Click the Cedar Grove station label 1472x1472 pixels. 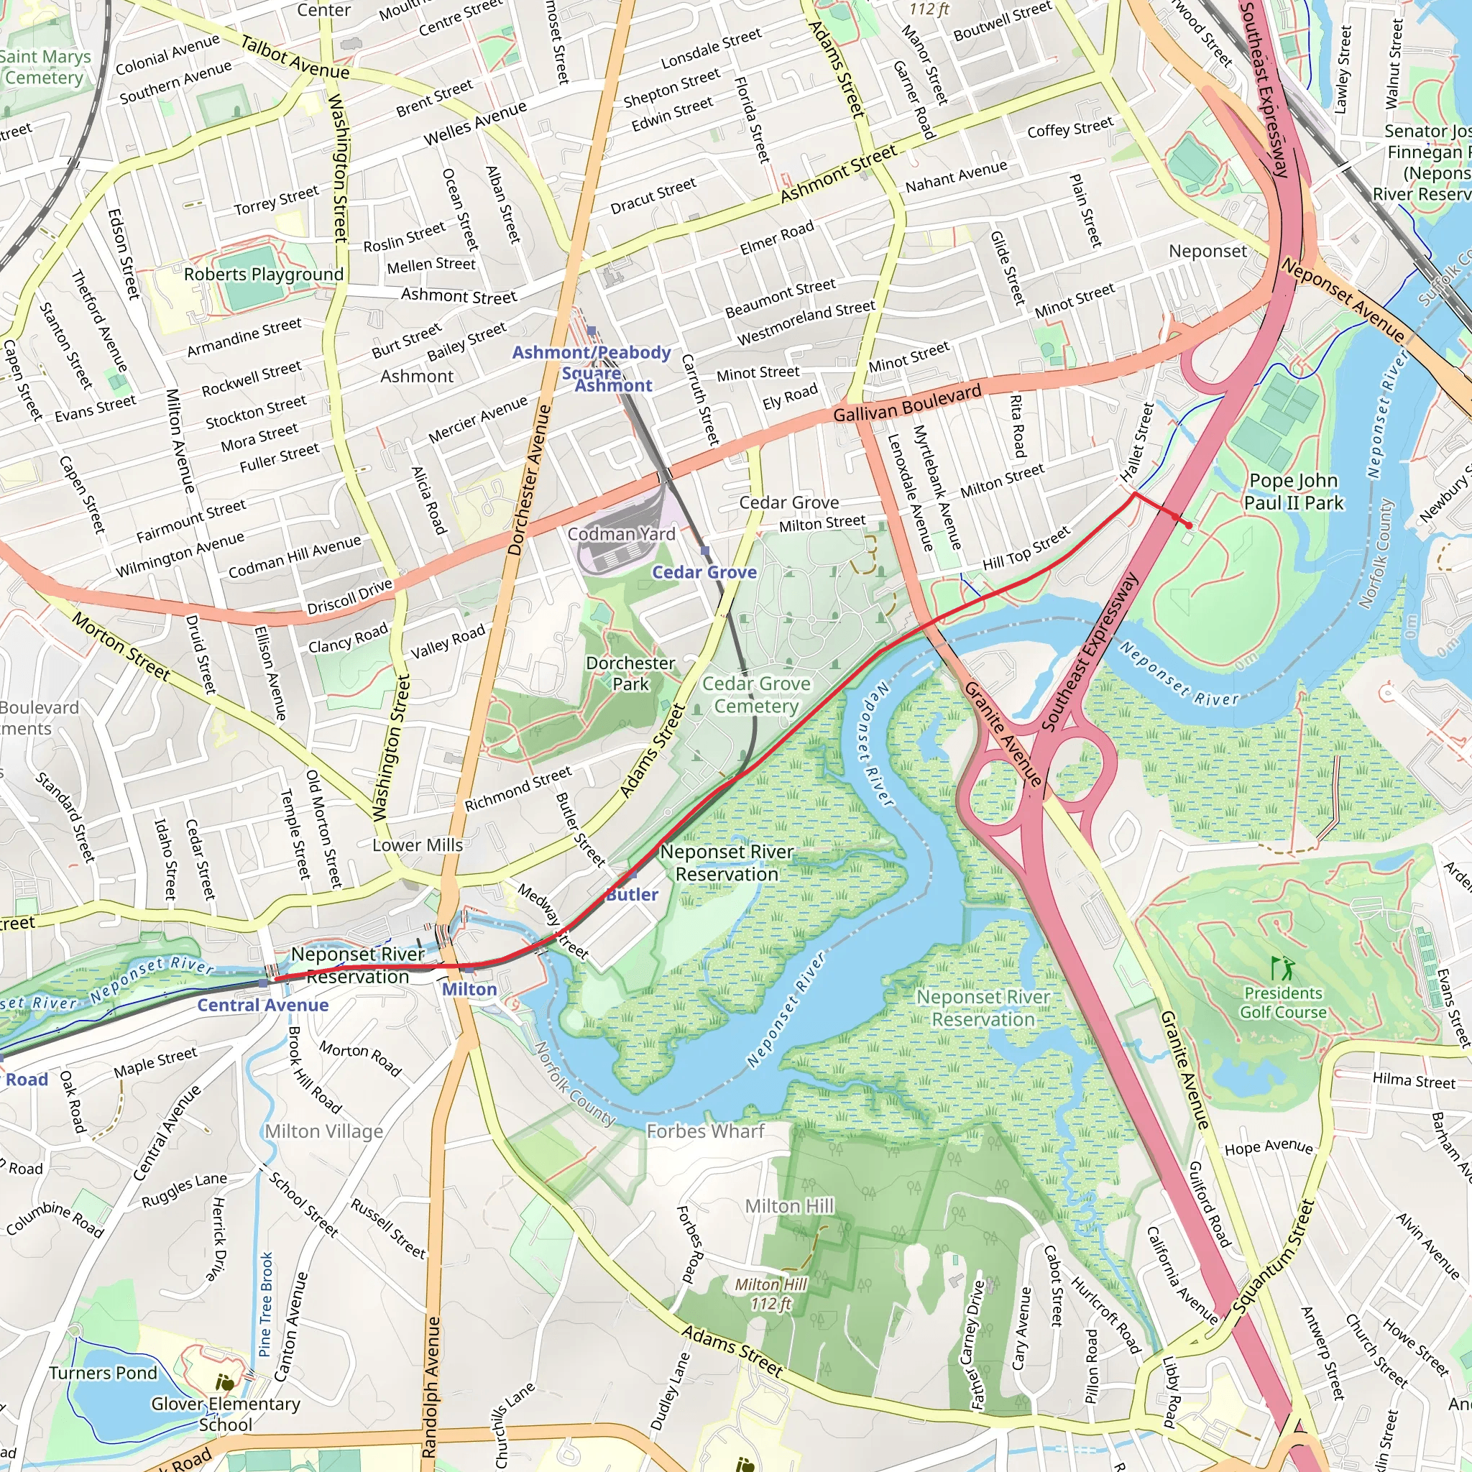pos(704,572)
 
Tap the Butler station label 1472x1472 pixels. pos(632,894)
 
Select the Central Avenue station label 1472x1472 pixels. pos(263,1005)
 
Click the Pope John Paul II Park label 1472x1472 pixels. pos(1293,492)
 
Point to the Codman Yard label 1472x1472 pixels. pos(621,534)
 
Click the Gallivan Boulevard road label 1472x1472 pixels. pos(906,404)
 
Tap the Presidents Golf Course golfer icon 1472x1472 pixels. pos(1282,969)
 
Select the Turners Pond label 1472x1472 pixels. pos(103,1373)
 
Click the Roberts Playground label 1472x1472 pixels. pos(264,275)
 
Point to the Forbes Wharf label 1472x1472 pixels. pos(705,1131)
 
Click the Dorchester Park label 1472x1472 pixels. pos(630,673)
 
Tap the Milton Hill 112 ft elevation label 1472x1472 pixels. pos(770,1294)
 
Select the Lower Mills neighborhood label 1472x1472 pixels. pos(418,845)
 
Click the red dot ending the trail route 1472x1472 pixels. pos(1189,525)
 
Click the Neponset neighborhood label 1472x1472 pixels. pos(1207,252)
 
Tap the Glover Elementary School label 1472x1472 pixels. pos(226,1413)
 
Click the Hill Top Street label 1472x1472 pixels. pos(1026,550)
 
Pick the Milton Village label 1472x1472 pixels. pos(324,1131)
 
